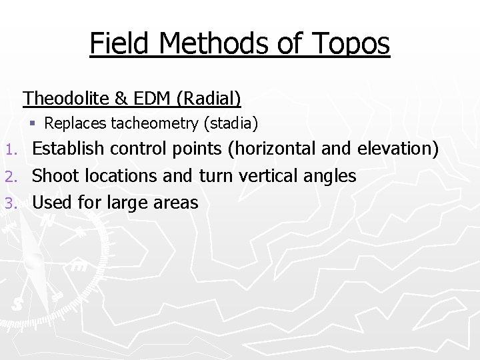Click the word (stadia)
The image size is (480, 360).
pyautogui.click(x=233, y=123)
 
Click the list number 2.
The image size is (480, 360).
pyautogui.click(x=10, y=177)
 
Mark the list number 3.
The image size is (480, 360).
pyautogui.click(x=10, y=203)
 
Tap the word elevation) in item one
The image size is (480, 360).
pyautogui.click(x=399, y=149)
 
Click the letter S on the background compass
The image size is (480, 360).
pyautogui.click(x=18, y=304)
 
